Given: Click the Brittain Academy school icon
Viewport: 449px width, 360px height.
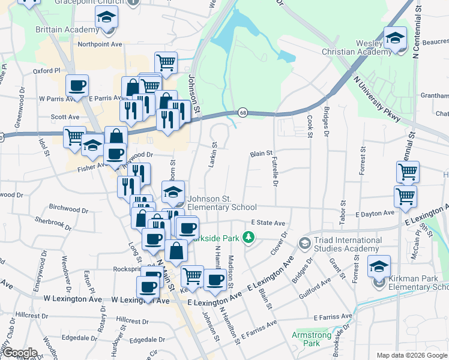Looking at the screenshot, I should pos(106,18).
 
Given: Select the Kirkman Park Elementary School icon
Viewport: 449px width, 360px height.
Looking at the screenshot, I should pos(379,266).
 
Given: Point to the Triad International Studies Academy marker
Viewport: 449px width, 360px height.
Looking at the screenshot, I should pos(304,243).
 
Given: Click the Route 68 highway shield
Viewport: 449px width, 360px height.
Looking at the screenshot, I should pos(243,112).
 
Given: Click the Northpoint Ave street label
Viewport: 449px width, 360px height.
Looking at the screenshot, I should pos(100,44).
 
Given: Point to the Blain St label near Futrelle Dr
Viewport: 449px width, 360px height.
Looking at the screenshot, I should pos(261,154).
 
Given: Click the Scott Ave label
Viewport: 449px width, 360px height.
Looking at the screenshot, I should pos(65,117).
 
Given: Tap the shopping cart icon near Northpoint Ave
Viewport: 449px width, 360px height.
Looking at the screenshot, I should pos(165,62).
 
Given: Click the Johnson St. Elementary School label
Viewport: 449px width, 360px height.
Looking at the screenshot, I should pos(221,203).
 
